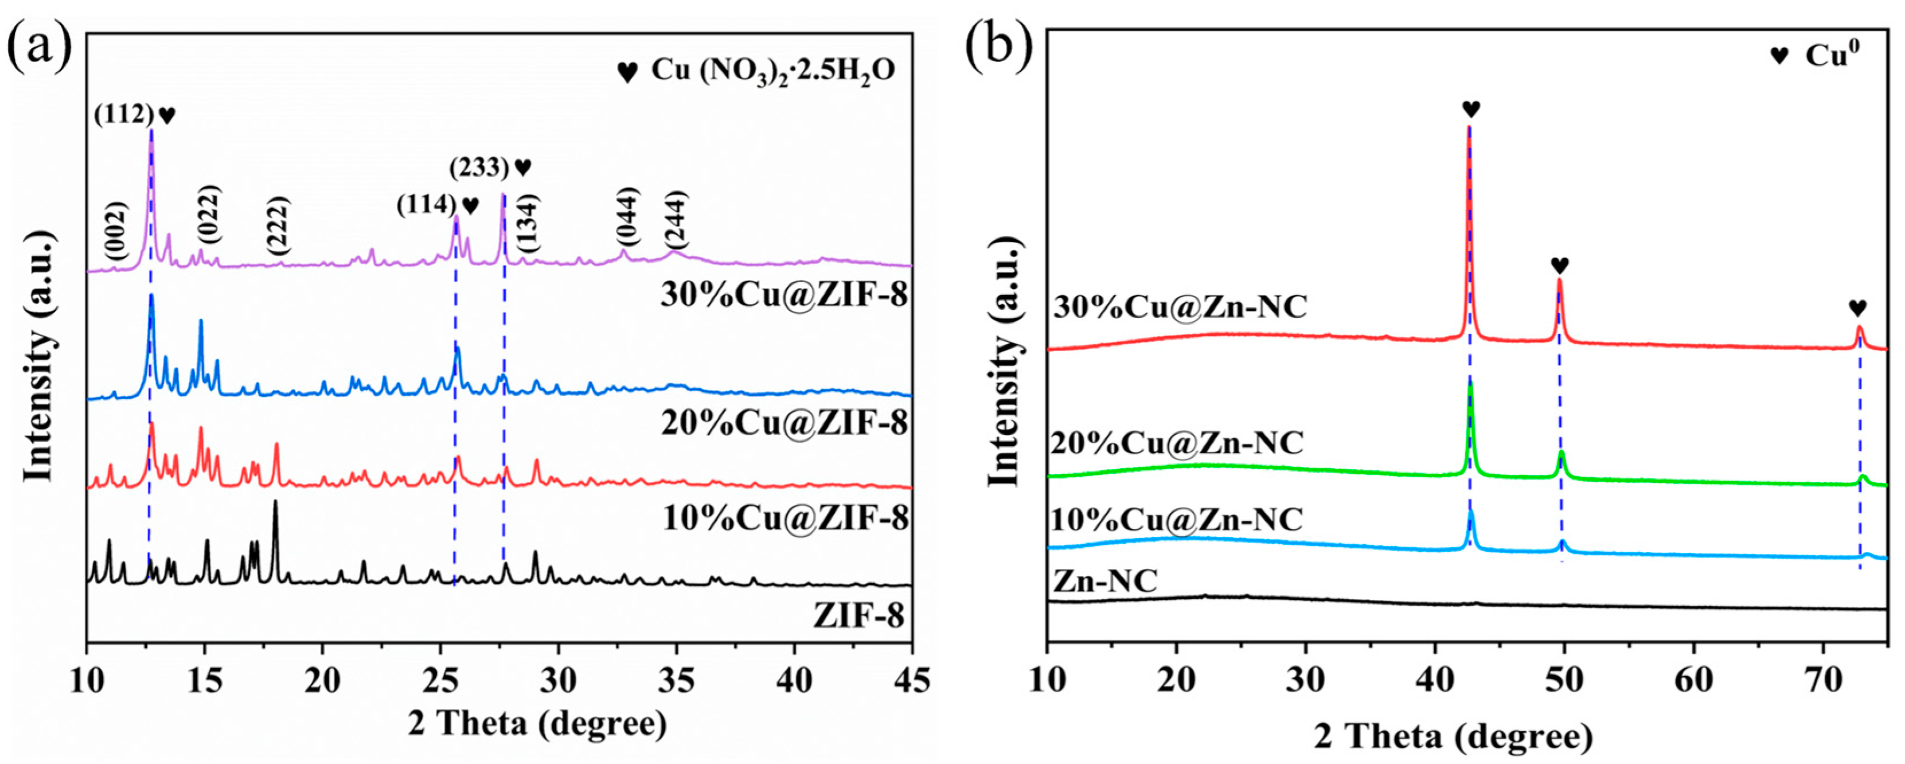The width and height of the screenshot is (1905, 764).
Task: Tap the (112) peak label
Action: tap(123, 115)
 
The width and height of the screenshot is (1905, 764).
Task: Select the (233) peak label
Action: tap(480, 169)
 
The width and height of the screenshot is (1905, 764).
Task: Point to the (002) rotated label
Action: tap(116, 232)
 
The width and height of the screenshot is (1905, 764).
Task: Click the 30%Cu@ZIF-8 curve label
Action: tap(784, 296)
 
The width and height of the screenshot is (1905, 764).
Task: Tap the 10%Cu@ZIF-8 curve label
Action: tap(786, 519)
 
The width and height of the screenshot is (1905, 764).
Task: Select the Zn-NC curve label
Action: tap(1105, 582)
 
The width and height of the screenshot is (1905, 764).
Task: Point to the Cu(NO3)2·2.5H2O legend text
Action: tap(773, 69)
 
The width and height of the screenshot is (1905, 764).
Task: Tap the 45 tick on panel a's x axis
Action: tap(912, 680)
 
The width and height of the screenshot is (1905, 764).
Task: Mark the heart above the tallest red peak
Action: tap(1471, 110)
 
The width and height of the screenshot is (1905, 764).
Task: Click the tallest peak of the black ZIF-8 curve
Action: tap(276, 503)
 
